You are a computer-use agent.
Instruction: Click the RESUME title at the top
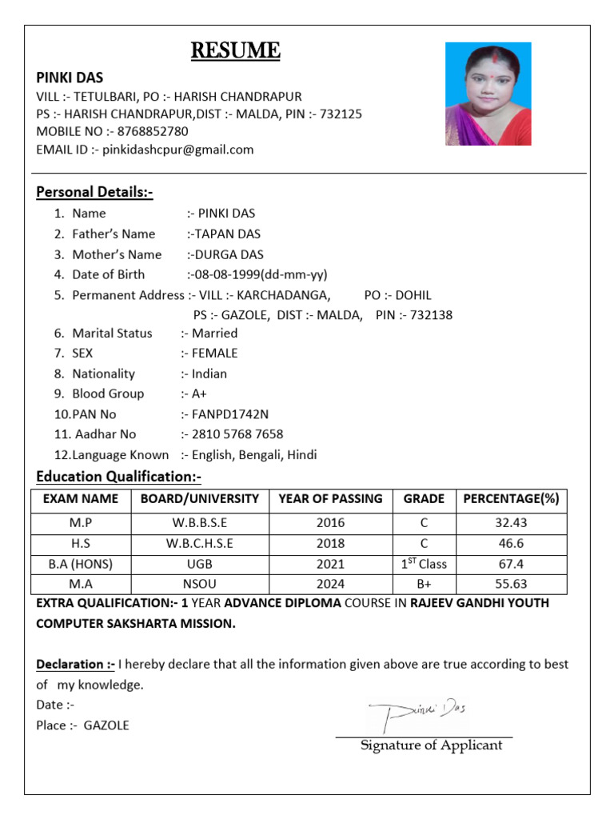pyautogui.click(x=235, y=52)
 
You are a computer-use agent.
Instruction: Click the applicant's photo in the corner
pyautogui.click(x=488, y=94)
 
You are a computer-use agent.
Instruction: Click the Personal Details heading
pyautogui.click(x=94, y=192)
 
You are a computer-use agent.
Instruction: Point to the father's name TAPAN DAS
pyautogui.click(x=226, y=234)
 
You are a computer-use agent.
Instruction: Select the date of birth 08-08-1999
pyautogui.click(x=228, y=274)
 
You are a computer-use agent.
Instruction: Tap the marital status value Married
pyautogui.click(x=214, y=334)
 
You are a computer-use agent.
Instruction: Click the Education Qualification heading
pyautogui.click(x=118, y=477)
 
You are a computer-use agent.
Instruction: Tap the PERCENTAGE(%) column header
pyautogui.click(x=510, y=499)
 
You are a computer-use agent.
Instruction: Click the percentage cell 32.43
pyautogui.click(x=510, y=522)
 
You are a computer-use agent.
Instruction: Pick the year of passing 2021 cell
pyautogui.click(x=330, y=564)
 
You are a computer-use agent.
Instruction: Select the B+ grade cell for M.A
pyautogui.click(x=424, y=584)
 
